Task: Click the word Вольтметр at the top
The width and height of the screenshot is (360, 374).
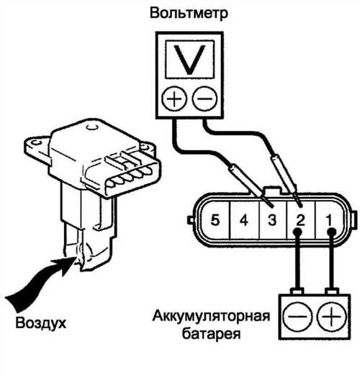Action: click(x=189, y=13)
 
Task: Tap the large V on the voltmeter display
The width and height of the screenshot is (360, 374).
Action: click(x=189, y=60)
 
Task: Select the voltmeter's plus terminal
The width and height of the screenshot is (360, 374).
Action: click(x=174, y=99)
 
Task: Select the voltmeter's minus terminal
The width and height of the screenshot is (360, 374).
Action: click(x=204, y=99)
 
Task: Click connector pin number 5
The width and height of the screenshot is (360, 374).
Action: click(x=215, y=220)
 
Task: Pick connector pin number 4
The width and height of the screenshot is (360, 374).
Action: click(x=244, y=220)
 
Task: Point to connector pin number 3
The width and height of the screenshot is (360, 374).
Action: click(x=272, y=220)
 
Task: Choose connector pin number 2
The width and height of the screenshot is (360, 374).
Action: click(x=300, y=220)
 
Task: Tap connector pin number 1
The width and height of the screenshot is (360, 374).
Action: click(x=328, y=220)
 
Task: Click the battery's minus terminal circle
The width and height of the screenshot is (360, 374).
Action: click(x=297, y=316)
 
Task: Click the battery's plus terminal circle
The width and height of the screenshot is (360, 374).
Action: click(x=331, y=316)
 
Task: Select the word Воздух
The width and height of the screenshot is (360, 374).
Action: click(x=40, y=324)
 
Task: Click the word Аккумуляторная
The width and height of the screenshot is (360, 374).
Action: click(x=211, y=316)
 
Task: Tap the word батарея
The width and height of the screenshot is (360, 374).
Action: click(x=211, y=334)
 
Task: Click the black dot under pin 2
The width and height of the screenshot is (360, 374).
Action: click(x=297, y=232)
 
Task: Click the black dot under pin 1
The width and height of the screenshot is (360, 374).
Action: click(x=332, y=232)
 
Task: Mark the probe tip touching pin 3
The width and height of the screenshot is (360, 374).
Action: click(x=272, y=206)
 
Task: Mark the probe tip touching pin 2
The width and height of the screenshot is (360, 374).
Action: click(x=300, y=205)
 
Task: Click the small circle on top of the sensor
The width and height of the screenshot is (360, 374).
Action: click(x=91, y=127)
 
